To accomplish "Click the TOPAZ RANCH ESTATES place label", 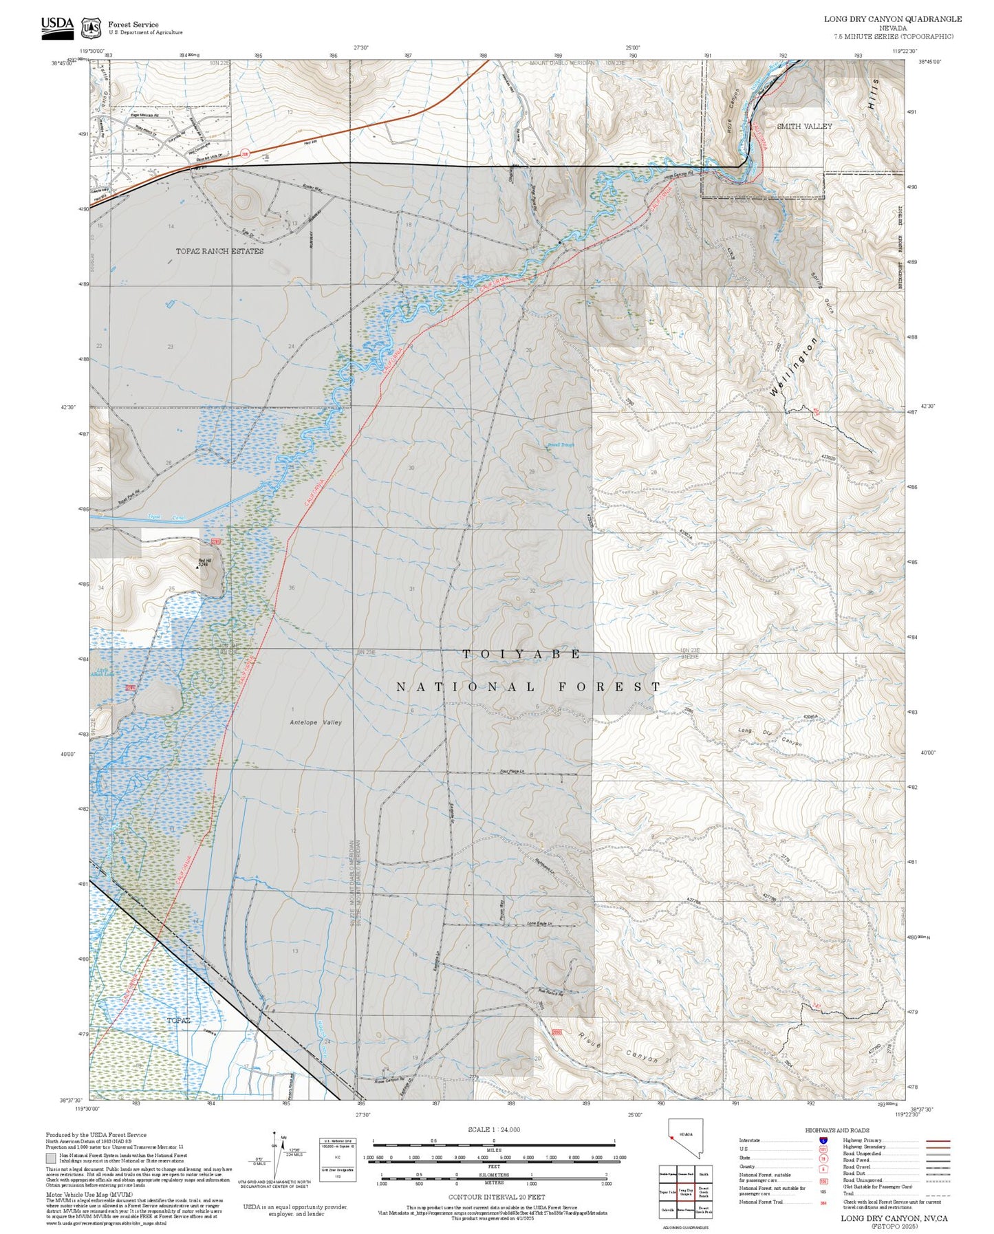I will [x=219, y=252].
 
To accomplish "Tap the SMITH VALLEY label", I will [x=803, y=127].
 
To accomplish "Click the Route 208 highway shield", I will [x=245, y=153].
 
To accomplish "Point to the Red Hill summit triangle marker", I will [x=198, y=568].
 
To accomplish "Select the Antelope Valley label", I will [x=315, y=722].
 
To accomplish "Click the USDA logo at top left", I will [x=57, y=25].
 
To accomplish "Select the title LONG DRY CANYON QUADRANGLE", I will [x=892, y=19].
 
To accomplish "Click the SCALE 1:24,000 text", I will [x=494, y=1129].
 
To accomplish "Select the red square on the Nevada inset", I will [x=671, y=1138].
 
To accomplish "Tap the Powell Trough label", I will [x=561, y=445].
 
